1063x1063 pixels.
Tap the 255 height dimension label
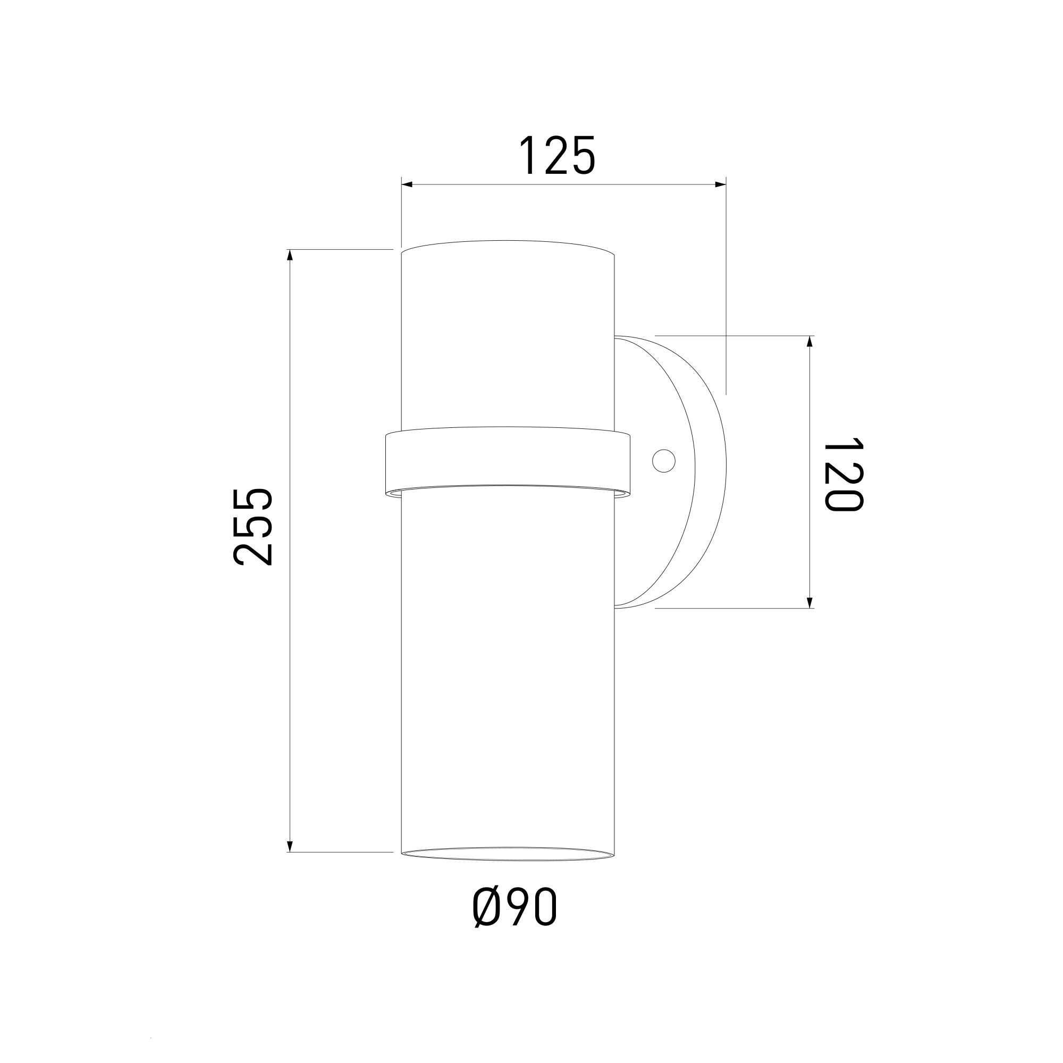pos(252,527)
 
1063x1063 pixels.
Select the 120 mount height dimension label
pos(843,474)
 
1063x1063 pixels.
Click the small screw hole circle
pos(663,460)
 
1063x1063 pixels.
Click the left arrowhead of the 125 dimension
pos(407,184)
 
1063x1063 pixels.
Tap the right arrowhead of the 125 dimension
pos(720,184)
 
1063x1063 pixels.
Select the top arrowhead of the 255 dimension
pos(290,255)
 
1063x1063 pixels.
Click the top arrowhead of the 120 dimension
pos(809,342)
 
